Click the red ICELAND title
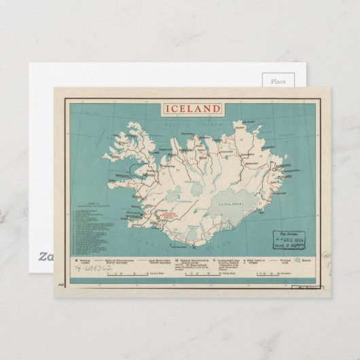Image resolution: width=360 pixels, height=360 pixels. tap(191, 109)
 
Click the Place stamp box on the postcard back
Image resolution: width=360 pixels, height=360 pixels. tap(278, 82)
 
